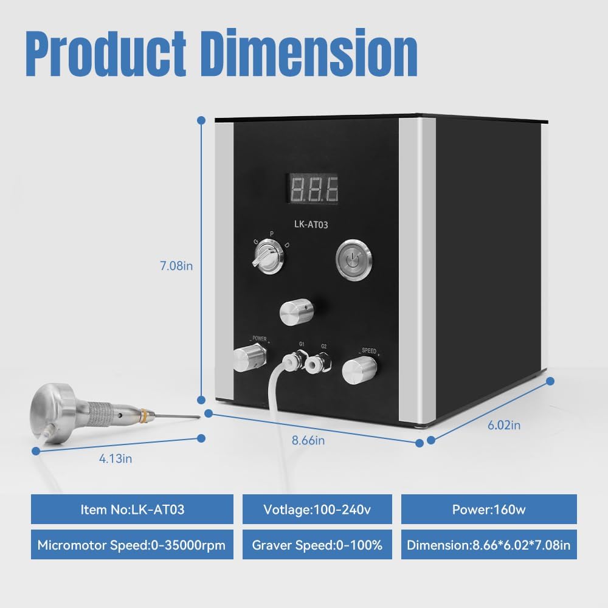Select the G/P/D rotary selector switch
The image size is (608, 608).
click(266, 262)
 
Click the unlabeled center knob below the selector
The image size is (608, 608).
click(294, 313)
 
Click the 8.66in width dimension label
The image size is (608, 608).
click(308, 440)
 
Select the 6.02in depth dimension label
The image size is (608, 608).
click(504, 425)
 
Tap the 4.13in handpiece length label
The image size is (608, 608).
click(115, 458)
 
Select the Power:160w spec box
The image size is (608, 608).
click(489, 509)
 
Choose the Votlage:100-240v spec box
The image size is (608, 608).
click(317, 509)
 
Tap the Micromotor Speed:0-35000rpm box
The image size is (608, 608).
click(132, 545)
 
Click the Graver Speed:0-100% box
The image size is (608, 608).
click(317, 545)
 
